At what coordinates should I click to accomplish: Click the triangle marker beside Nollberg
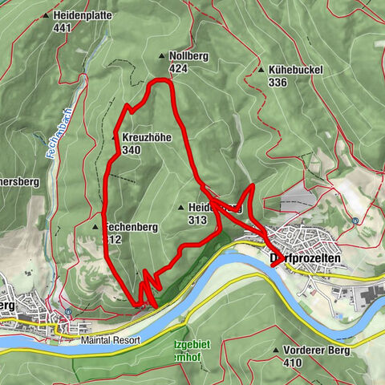click(x=161, y=56)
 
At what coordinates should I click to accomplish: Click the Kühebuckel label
click(x=295, y=70)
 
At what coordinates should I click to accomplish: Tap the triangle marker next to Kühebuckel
click(x=262, y=70)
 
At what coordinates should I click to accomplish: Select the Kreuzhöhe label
click(x=147, y=138)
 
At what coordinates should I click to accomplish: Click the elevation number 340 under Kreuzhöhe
click(x=132, y=149)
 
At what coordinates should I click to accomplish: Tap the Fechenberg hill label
click(x=132, y=227)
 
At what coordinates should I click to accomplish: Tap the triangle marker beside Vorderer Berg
click(x=276, y=351)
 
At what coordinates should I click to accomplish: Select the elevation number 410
click(x=293, y=362)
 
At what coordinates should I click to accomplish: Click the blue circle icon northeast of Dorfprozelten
click(x=355, y=221)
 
